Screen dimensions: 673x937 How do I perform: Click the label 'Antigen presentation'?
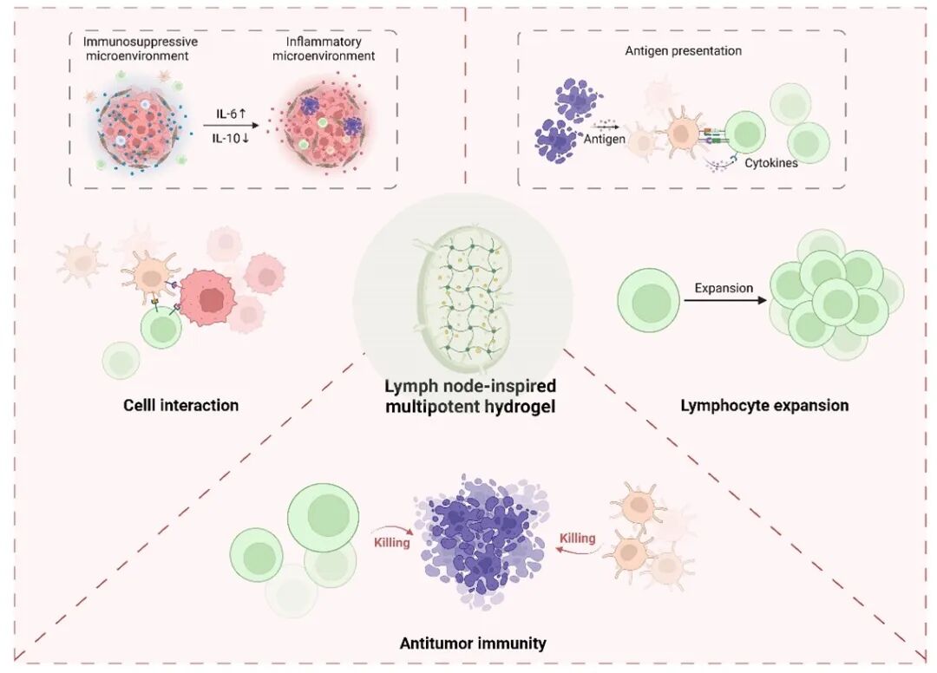(683, 51)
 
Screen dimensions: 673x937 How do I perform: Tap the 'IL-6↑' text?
(234, 114)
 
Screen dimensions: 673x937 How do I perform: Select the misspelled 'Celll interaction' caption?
(180, 405)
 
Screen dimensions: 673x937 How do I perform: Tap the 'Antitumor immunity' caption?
(473, 644)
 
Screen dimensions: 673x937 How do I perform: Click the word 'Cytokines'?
(771, 162)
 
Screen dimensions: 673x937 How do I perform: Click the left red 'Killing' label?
(392, 543)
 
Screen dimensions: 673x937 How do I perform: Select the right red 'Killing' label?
(577, 539)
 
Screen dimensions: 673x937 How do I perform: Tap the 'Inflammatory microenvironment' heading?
(324, 49)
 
